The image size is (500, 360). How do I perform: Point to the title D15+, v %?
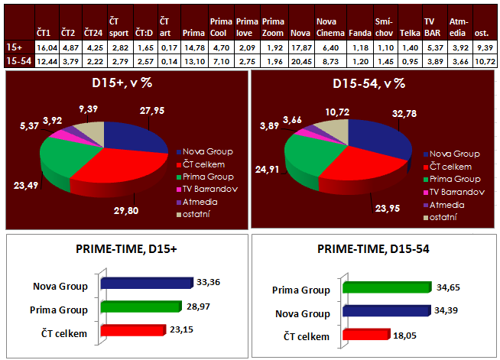coord(124,85)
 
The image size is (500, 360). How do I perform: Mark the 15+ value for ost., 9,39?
coord(484,47)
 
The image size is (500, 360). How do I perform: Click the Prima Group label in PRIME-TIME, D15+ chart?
coord(63,310)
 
